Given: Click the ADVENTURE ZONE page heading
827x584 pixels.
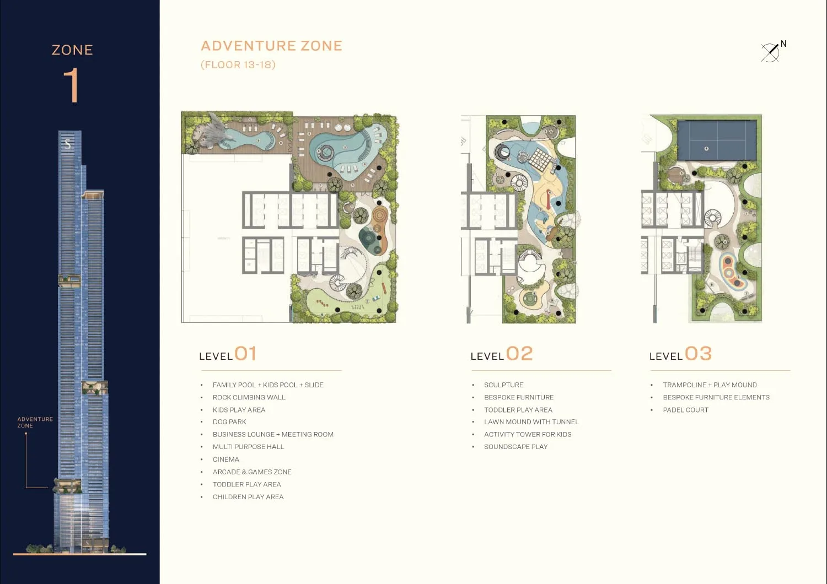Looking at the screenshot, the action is click(x=271, y=46).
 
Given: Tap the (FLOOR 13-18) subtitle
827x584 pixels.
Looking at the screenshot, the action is click(x=238, y=64).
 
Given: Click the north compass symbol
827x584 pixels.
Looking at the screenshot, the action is click(x=773, y=52).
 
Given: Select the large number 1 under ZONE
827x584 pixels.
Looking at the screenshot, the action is click(x=71, y=85).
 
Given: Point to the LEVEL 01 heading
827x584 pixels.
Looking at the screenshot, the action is click(x=227, y=354).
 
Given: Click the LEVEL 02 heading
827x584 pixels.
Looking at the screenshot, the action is click(x=501, y=354).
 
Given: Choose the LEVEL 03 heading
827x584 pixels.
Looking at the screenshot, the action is click(x=680, y=354).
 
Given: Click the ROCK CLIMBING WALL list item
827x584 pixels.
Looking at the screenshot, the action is click(x=249, y=397).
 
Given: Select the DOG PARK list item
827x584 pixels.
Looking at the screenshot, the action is click(x=229, y=421).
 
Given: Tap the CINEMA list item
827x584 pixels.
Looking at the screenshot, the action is click(x=226, y=459).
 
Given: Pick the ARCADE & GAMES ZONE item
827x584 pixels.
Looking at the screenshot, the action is click(x=252, y=472).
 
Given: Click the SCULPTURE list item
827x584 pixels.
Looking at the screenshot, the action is click(x=503, y=385).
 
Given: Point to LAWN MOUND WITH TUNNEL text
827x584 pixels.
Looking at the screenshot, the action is click(x=531, y=421).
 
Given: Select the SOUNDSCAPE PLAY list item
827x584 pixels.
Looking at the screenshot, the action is click(x=515, y=447).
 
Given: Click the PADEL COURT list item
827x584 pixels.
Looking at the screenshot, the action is click(x=686, y=410).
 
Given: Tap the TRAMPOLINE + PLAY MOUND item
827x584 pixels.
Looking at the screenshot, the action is click(x=710, y=385).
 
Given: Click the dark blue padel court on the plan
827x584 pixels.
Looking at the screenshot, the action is click(x=717, y=140).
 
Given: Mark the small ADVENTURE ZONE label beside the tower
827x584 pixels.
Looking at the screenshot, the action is click(x=35, y=422).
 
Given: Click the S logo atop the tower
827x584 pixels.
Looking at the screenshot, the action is click(x=68, y=144).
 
